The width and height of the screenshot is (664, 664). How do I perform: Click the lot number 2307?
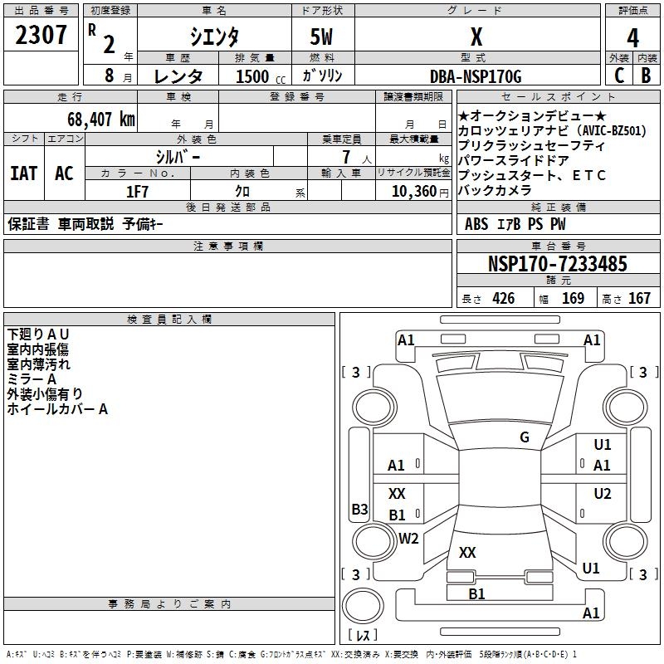[41, 36]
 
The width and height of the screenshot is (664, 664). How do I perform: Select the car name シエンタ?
[213, 37]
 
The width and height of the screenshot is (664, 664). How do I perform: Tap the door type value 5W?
[321, 37]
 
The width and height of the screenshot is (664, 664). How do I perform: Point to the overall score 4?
[632, 37]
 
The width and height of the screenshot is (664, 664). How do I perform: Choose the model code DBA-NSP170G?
[476, 77]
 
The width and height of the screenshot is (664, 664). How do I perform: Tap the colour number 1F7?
[137, 191]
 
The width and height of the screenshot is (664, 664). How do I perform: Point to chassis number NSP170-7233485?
[557, 264]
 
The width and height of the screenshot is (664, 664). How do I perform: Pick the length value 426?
[502, 299]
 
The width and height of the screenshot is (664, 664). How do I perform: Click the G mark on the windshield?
[525, 437]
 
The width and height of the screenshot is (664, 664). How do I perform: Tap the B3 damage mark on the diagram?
[359, 510]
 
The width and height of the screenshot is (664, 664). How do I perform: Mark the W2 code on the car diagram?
[408, 539]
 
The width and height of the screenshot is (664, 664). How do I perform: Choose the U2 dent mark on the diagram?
[603, 494]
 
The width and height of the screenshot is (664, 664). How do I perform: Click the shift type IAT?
[23, 173]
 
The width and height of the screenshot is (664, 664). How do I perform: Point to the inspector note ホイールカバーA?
[57, 409]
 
